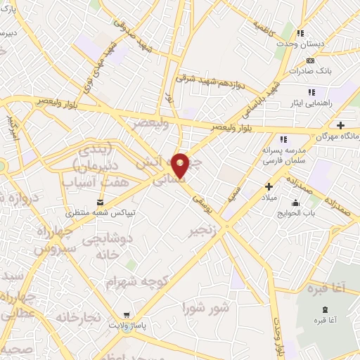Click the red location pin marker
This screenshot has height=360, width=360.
tap(181, 166)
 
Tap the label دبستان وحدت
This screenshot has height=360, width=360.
tap(302, 44)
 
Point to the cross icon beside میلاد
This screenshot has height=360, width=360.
tap(269, 186)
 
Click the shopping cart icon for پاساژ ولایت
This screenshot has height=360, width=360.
tap(125, 315)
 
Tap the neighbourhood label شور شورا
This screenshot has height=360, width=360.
tap(205, 307)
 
